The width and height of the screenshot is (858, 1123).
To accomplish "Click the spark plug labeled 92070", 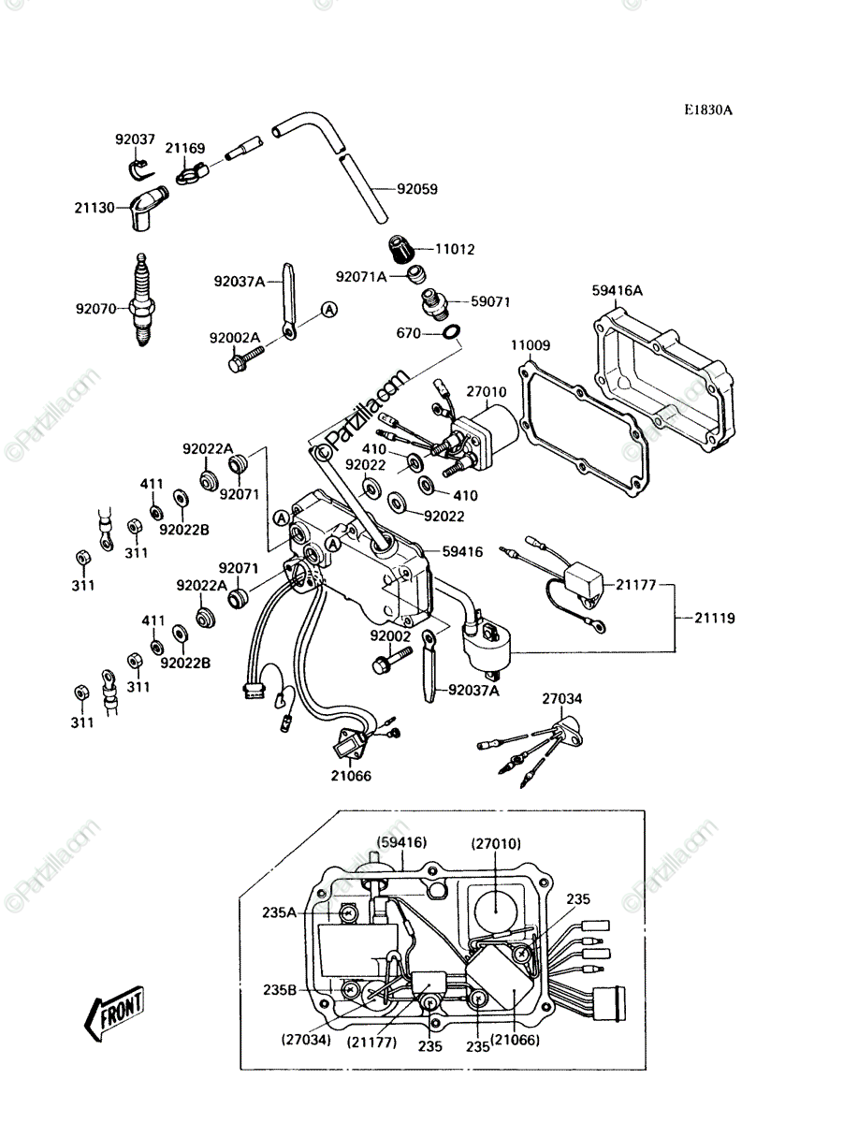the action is pos(142,300).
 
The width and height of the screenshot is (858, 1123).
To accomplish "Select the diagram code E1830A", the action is pos(708,110).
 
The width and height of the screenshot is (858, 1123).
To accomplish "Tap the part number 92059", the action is pos(417,189).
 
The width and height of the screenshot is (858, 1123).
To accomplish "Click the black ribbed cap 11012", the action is pos(402,249).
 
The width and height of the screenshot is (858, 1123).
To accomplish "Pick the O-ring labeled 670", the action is pos(450,332).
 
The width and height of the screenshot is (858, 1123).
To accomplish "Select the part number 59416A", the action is pos(618,291).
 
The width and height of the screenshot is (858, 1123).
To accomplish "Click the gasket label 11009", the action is pos(531,345).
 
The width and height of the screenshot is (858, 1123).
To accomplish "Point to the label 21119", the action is pos(714,618).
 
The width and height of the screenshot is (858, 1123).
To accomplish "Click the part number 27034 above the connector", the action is pos(562,698).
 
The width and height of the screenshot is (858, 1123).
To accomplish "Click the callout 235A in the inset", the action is pos(279,912).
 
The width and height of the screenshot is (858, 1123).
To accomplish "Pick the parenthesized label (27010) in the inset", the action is pos(496,843).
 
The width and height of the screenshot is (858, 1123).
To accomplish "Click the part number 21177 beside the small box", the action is pos(635,584).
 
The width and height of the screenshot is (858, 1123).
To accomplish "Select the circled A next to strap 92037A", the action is pos(329,309).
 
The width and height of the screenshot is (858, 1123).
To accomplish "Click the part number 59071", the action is pos(490,302).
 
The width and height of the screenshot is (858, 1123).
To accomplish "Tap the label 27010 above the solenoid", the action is pos(486,392).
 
